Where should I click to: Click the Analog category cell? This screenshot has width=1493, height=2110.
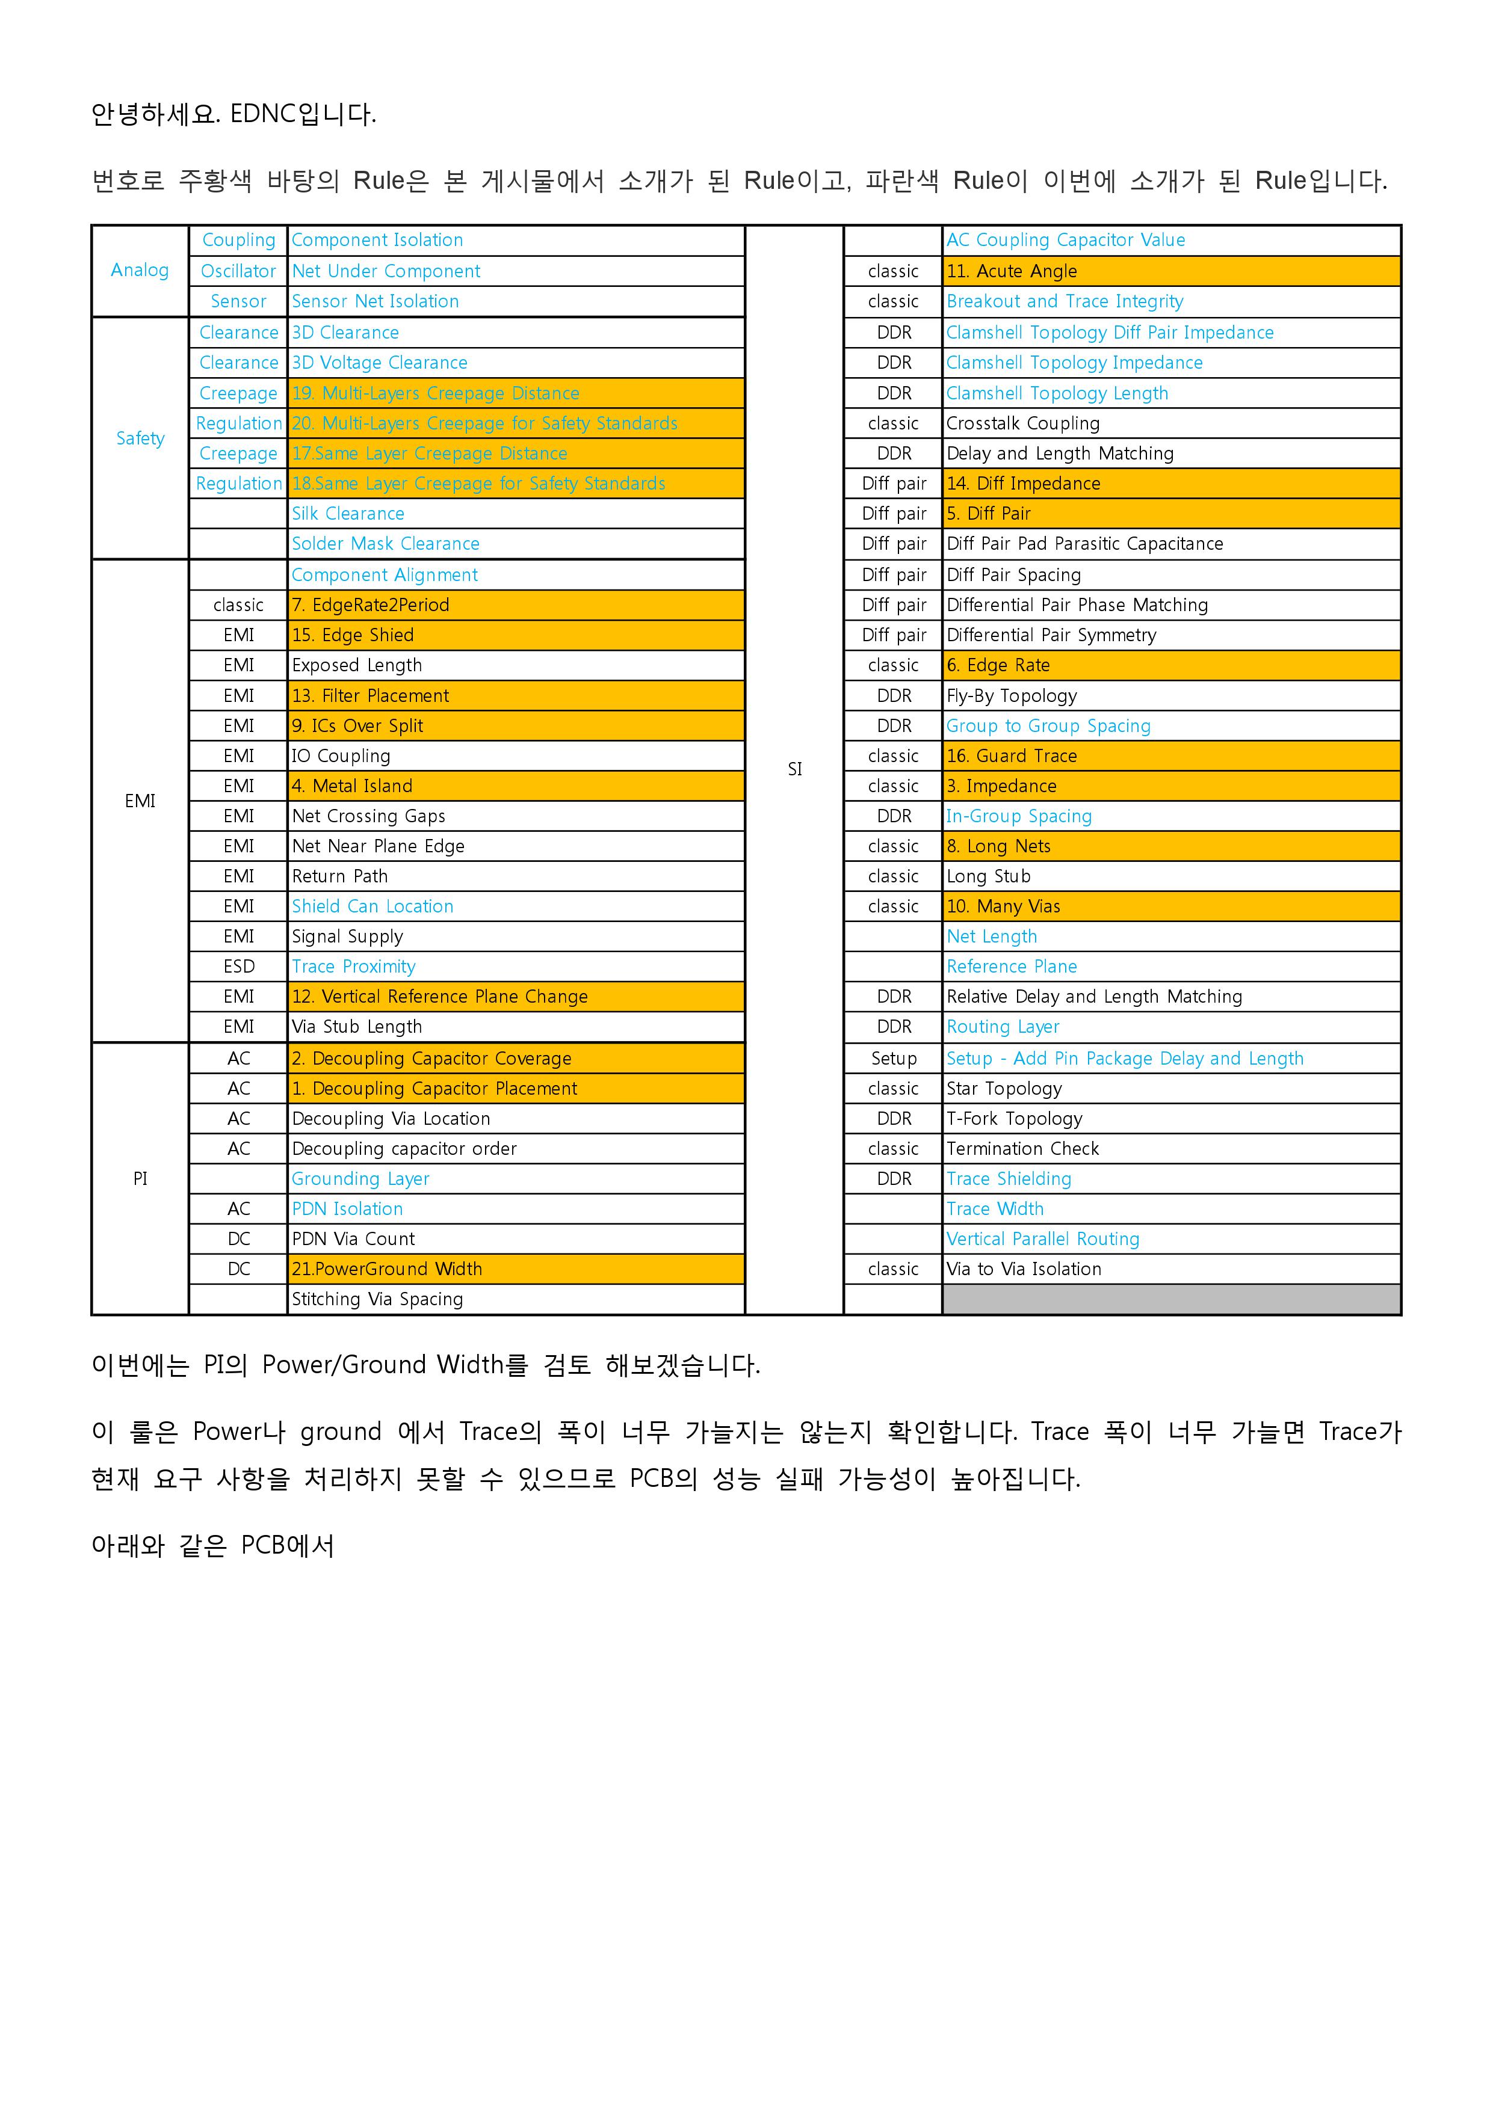(140, 270)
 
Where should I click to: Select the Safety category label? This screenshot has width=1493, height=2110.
(140, 438)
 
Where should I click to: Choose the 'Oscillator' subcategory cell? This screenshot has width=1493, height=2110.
(238, 271)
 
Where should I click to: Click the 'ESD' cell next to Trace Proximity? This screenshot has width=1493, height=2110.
(238, 967)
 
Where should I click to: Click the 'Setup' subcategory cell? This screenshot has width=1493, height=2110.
(894, 1059)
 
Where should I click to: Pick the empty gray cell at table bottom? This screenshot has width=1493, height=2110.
(1171, 1299)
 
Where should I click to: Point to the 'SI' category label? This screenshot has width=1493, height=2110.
(794, 769)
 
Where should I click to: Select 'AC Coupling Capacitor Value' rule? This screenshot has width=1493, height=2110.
(1066, 240)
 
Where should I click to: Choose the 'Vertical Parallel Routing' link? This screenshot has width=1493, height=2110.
(1042, 1239)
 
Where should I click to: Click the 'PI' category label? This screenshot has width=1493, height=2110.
(140, 1179)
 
